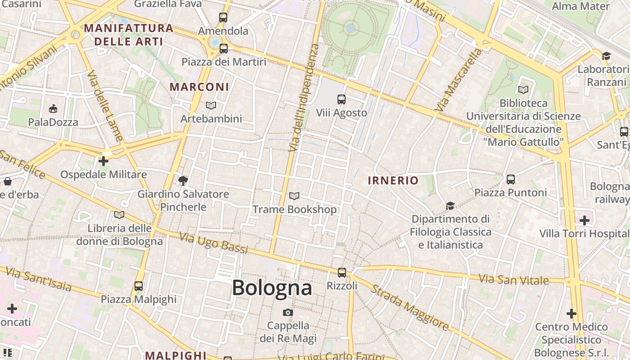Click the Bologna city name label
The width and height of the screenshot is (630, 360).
[x=272, y=288]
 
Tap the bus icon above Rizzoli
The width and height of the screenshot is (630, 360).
[x=342, y=272]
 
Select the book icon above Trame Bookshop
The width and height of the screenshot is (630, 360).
[x=294, y=196]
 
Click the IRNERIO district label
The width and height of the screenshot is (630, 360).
[x=393, y=181]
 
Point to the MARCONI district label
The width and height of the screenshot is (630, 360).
[x=199, y=87]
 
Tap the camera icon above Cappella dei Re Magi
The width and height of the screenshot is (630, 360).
[x=288, y=312]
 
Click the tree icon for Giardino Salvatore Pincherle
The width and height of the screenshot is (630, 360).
[x=183, y=181]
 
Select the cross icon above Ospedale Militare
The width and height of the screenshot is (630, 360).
[x=103, y=161]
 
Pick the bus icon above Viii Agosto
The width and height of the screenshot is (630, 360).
[x=342, y=99]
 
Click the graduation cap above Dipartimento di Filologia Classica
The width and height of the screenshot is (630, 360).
[x=450, y=206]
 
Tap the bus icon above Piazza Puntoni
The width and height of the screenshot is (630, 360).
[x=511, y=180]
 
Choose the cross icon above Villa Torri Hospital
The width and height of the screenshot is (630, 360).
[x=584, y=220]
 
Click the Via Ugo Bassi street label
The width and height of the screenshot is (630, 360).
[x=213, y=243]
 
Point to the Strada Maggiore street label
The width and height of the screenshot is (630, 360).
[x=409, y=308]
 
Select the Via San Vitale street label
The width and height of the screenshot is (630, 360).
[x=513, y=279]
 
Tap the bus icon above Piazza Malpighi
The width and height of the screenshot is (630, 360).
[x=139, y=286]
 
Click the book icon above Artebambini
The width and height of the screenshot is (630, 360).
[x=211, y=106]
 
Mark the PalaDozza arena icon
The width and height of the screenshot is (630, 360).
[x=53, y=108]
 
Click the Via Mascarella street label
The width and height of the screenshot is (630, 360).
[x=459, y=80]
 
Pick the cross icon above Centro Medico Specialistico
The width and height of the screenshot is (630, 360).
[x=571, y=313]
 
